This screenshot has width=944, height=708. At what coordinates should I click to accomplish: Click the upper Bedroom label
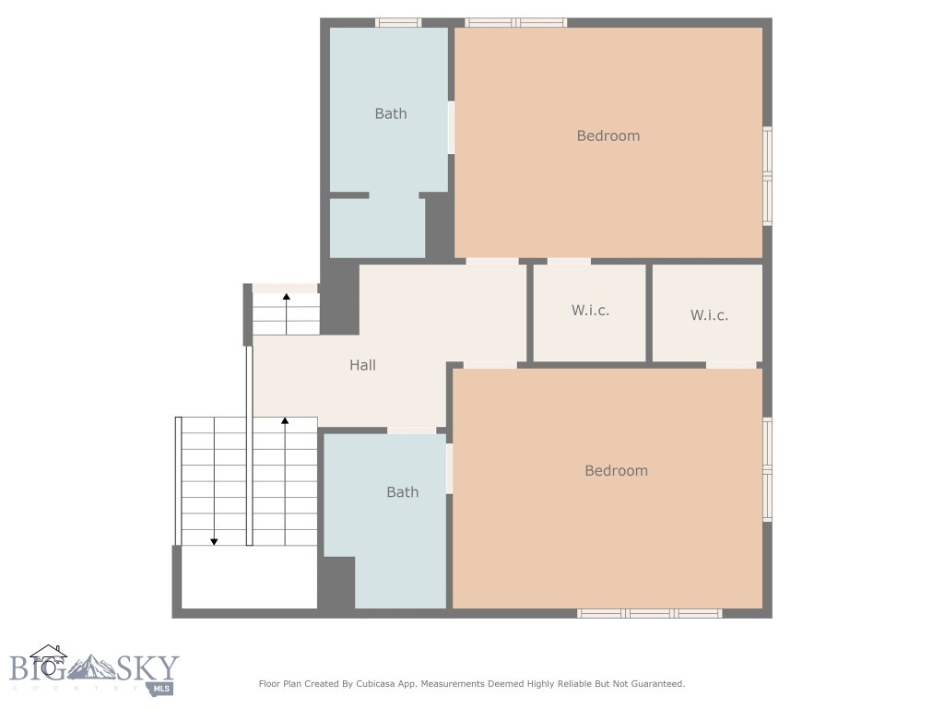pos(608,136)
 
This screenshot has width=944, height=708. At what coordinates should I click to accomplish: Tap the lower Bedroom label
pos(616,470)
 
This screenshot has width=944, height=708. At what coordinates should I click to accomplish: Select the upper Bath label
pos(390,113)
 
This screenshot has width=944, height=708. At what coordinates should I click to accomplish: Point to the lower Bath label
pos(402,492)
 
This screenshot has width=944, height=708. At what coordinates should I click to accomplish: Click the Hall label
pos(362,365)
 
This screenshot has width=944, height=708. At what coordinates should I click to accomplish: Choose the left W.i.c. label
pos(590,310)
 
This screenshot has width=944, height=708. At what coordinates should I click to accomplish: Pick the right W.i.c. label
pos(709,315)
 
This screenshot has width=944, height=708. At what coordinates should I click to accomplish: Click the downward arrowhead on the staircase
pos(214,541)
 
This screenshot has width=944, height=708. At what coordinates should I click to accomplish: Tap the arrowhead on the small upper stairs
pos(287,297)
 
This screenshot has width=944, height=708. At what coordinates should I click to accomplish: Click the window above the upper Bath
pos(398,22)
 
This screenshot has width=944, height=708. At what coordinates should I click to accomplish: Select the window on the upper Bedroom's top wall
pos(515,22)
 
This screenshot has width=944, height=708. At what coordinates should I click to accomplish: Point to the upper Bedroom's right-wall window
pos(767,175)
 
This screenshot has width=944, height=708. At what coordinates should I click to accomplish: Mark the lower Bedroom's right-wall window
pos(767,470)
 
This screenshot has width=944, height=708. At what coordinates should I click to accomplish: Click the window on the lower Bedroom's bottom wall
pos(649,612)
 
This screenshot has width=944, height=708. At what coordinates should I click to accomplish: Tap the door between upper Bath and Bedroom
pos(451,127)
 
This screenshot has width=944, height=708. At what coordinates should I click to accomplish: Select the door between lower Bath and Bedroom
pos(449,468)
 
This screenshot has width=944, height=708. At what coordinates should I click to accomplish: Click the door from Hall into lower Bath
pos(411,430)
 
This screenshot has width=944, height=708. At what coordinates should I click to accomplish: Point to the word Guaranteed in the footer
pos(653,684)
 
